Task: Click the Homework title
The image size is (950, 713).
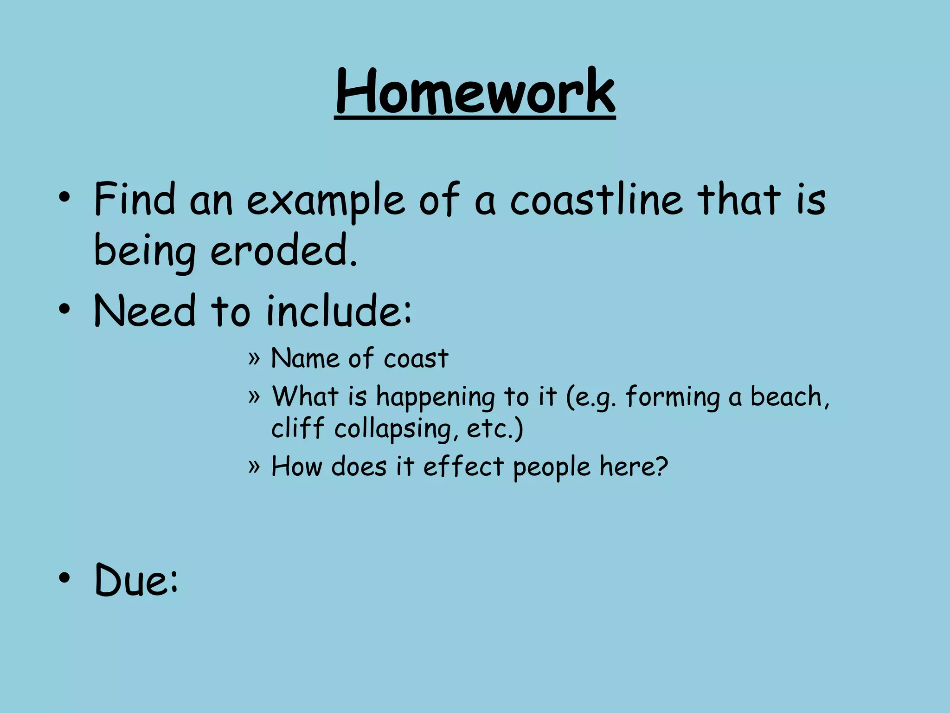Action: [475, 91]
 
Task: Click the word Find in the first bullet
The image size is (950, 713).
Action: [135, 200]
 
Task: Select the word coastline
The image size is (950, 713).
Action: [597, 200]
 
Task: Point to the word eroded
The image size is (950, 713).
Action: [283, 251]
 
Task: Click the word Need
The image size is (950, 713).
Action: [145, 311]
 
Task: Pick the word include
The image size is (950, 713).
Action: [338, 311]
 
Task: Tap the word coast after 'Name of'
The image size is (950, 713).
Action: [416, 359]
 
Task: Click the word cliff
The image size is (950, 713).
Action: [297, 428]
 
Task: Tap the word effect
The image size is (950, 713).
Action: [463, 467]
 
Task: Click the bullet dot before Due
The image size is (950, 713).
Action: [64, 578]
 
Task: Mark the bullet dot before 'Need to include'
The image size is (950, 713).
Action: [64, 309]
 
